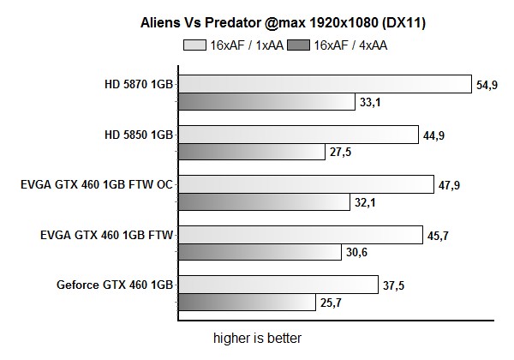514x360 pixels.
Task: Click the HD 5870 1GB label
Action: [x=137, y=85]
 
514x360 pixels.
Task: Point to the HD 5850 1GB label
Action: [x=137, y=135]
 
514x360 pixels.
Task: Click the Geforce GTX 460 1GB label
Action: [x=117, y=284]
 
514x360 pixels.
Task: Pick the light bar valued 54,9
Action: [x=325, y=84]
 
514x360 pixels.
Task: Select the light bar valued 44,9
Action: [x=299, y=134]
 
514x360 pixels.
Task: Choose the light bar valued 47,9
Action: [x=306, y=184]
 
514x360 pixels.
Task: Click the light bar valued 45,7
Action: [x=300, y=234]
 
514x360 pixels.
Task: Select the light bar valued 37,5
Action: [x=278, y=284]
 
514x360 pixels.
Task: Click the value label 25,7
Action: [x=329, y=303]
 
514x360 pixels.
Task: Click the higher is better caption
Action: [x=257, y=338]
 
